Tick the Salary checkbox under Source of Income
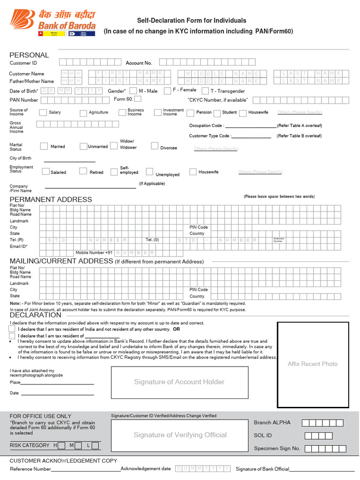(43, 112)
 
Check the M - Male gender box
(134, 90)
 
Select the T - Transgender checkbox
(205, 91)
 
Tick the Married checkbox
(44, 146)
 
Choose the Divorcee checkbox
(155, 146)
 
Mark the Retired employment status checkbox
(83, 172)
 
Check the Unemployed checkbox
(150, 172)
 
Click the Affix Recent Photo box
(313, 364)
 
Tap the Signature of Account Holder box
(180, 382)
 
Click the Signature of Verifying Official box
(180, 435)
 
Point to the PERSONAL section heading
(29, 55)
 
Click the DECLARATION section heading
(36, 315)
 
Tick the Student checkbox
(218, 112)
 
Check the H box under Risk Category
(61, 445)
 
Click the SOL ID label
(263, 435)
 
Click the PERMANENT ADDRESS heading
(51, 199)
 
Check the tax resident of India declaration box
(12, 329)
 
